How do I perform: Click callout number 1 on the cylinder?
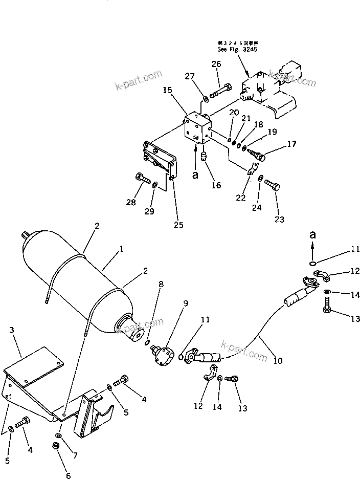(x=122, y=249)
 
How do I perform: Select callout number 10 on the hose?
(x=278, y=360)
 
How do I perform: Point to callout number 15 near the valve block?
(x=168, y=90)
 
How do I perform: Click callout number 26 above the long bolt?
(x=216, y=64)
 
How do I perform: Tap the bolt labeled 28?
(x=143, y=180)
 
